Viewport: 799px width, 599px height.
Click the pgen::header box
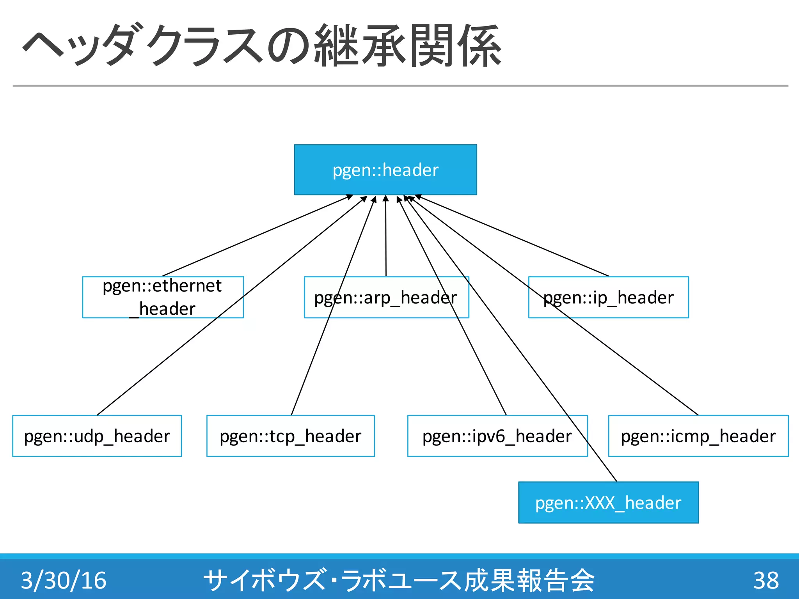385,170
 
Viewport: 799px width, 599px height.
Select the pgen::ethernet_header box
163,297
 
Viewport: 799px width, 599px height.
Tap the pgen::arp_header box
386,297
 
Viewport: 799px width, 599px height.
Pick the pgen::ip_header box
608,297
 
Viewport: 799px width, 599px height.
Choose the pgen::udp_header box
97,436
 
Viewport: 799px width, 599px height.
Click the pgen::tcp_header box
290,436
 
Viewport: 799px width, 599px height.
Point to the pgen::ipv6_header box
497,436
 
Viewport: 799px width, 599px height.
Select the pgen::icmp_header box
698,436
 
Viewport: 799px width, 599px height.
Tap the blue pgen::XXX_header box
608,502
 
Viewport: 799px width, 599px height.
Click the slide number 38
766,580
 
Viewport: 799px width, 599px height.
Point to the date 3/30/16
64,580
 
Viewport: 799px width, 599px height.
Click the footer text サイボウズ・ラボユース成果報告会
399,580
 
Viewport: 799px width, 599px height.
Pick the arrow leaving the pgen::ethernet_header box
257,236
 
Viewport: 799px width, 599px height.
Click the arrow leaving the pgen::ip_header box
513,236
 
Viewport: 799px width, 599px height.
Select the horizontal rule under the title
400,86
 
